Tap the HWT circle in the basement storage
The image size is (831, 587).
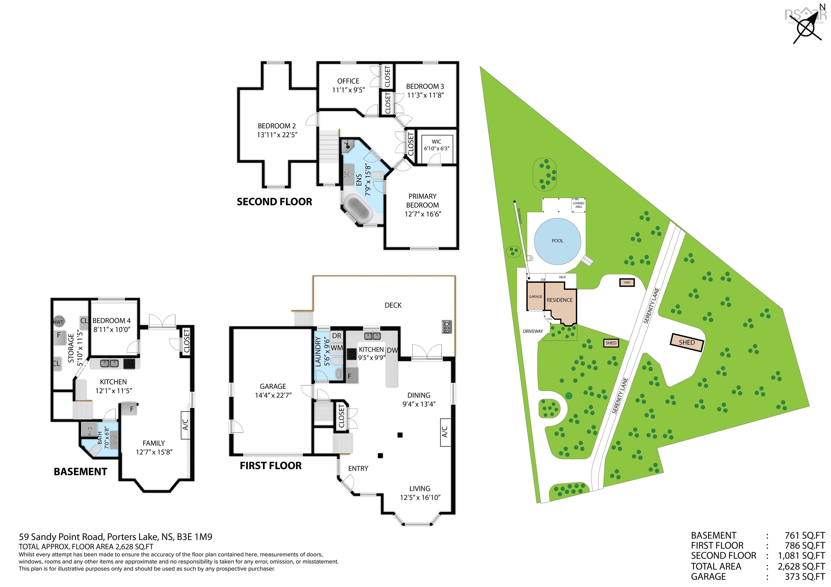click(x=58, y=322)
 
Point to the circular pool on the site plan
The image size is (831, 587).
click(x=557, y=241)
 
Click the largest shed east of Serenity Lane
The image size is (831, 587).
click(x=686, y=342)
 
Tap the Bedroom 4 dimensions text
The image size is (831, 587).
click(x=111, y=329)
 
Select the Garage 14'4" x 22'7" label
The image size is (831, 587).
click(x=273, y=391)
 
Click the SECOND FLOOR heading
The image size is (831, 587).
click(x=274, y=202)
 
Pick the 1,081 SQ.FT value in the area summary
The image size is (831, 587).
click(x=801, y=556)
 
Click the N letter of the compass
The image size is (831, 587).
click(x=822, y=6)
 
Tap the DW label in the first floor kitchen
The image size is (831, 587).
click(x=392, y=350)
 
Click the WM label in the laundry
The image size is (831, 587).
click(x=337, y=348)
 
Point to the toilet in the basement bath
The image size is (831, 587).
click(x=95, y=450)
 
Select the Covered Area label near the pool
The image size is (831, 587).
click(x=578, y=205)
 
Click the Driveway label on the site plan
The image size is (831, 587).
click(x=533, y=331)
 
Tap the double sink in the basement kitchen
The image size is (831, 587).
click(x=109, y=363)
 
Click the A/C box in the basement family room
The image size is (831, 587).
click(x=185, y=425)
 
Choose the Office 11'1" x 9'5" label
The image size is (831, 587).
click(x=348, y=85)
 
